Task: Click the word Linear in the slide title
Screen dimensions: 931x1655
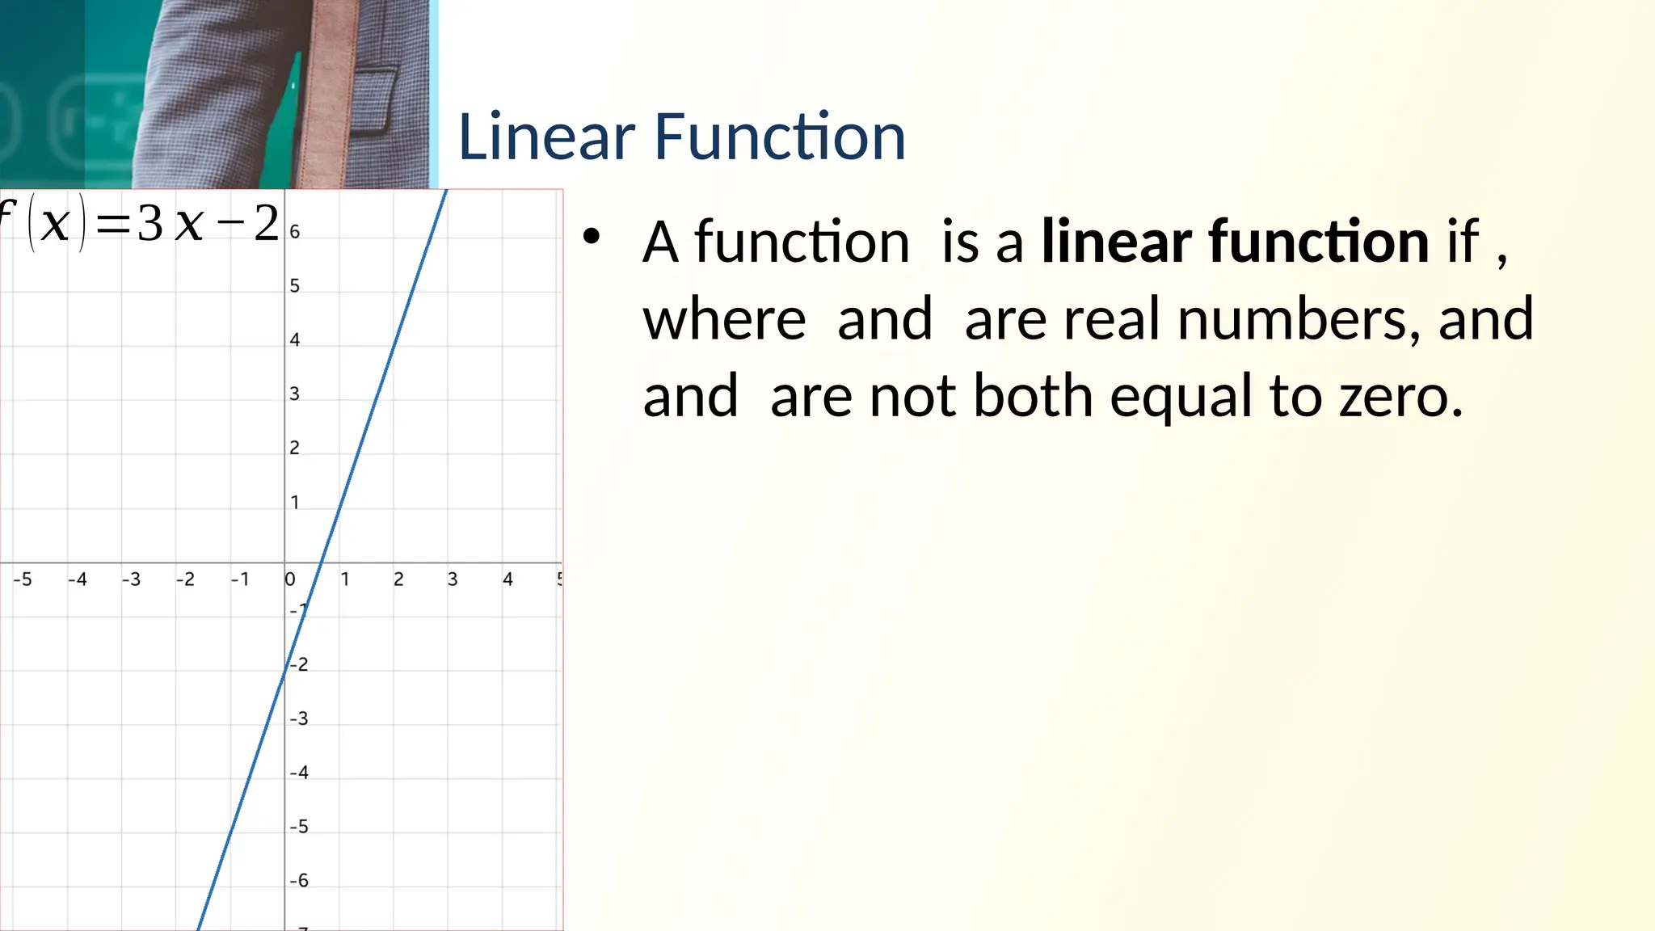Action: point(546,137)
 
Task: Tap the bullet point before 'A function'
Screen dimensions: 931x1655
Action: point(592,236)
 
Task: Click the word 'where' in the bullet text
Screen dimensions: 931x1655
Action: point(724,318)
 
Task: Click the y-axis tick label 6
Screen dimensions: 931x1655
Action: point(295,232)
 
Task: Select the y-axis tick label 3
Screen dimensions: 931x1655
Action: point(295,394)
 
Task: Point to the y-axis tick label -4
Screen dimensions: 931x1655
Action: point(299,773)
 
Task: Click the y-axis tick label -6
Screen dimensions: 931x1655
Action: point(299,880)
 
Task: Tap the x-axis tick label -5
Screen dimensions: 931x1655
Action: point(23,579)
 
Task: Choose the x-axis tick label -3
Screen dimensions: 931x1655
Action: point(131,579)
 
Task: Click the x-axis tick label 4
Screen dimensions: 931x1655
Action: point(507,579)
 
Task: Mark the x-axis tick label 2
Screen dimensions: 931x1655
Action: point(398,579)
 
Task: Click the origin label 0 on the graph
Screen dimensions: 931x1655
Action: point(290,579)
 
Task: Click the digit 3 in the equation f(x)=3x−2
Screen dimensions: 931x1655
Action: point(149,224)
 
